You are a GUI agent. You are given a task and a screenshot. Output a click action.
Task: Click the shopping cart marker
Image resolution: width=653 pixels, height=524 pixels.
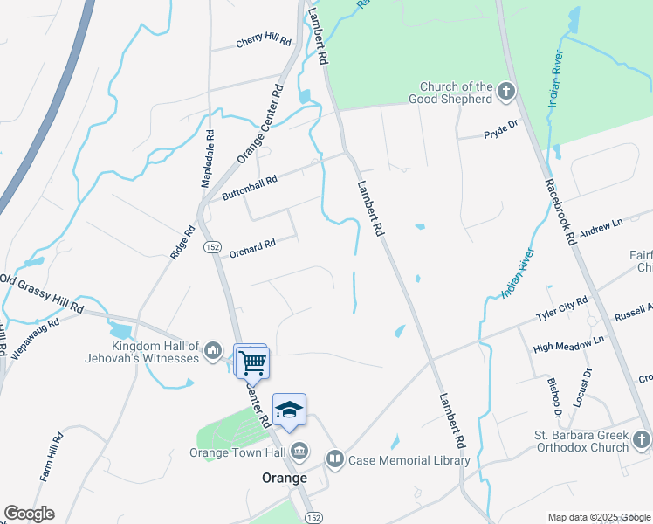click(x=253, y=361)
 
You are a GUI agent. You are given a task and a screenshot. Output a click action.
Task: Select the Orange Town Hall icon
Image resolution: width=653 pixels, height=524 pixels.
click(x=299, y=452)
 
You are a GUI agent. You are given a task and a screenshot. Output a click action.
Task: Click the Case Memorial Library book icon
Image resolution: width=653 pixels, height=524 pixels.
click(x=335, y=458)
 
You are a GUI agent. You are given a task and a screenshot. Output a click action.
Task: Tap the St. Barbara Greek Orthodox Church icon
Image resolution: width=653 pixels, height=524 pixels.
click(x=642, y=440)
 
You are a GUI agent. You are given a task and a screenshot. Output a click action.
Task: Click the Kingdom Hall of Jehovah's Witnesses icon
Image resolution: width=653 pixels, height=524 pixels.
click(x=213, y=352)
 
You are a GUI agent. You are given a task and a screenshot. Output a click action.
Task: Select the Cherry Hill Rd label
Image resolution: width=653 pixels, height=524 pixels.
click(x=263, y=41)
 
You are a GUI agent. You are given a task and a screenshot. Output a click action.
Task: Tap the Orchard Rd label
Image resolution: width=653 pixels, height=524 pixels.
click(x=252, y=248)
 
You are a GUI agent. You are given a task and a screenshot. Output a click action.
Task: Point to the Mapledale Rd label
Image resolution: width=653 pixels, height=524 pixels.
click(x=208, y=158)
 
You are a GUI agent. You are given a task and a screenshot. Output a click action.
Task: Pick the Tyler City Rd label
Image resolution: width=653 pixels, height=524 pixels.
click(x=562, y=309)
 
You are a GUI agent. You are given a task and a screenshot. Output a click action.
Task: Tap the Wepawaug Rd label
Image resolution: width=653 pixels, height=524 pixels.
click(x=36, y=337)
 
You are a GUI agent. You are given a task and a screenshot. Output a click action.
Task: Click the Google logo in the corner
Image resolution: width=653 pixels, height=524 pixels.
click(x=29, y=514)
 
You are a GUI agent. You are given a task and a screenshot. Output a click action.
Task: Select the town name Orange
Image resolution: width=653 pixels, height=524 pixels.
click(x=285, y=478)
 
